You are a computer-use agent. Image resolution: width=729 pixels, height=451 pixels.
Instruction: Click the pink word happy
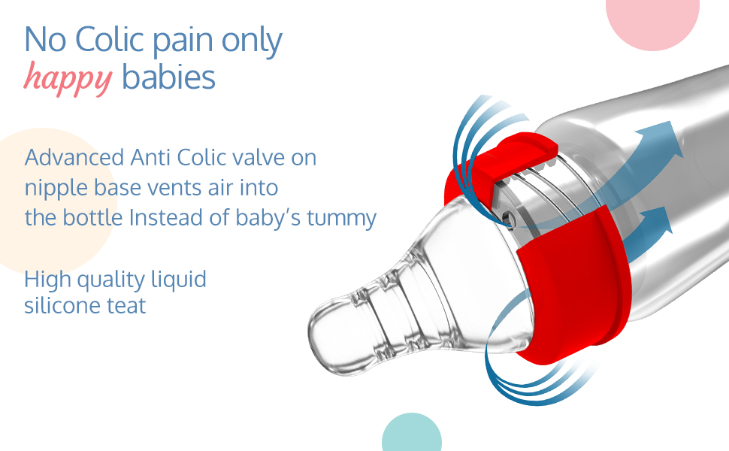coord(68,79)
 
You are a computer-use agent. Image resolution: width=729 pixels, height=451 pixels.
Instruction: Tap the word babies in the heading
coord(168,77)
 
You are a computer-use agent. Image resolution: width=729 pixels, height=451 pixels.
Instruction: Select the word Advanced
coord(74,157)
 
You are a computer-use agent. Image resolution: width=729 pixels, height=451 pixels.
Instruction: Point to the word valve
coord(259,157)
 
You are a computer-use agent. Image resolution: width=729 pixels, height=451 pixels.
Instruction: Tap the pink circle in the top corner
coord(653,20)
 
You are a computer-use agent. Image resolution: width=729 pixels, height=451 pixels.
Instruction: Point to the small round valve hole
coord(509,217)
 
